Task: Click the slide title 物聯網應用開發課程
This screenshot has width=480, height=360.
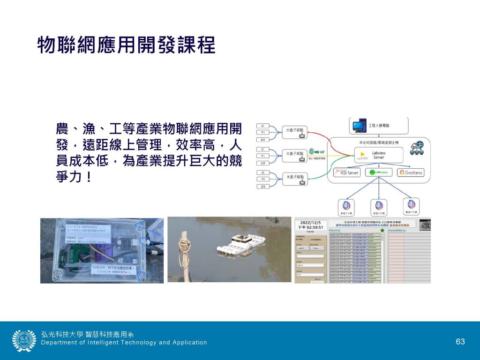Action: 126,45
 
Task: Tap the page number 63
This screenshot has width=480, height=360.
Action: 460,341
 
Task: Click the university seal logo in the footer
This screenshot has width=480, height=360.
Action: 24,341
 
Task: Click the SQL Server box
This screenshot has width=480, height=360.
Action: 346,172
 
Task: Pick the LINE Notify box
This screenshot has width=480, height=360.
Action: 378,172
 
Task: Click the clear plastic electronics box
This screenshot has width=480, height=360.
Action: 101,250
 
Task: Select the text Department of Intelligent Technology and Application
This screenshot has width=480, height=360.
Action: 124,343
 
